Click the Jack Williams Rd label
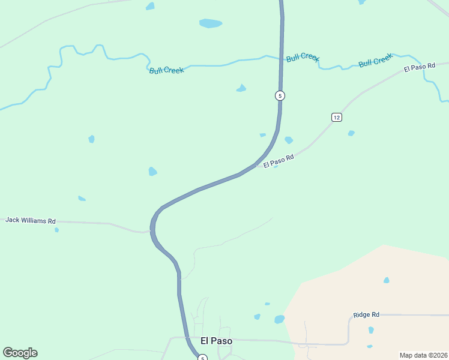[31, 220]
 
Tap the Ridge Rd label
[366, 314]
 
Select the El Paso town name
[216, 340]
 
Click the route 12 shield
[336, 117]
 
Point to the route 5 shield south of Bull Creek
[280, 95]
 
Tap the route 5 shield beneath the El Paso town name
[203, 358]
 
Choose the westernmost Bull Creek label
[166, 70]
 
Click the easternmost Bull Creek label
[375, 61]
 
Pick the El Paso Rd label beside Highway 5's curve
[279, 161]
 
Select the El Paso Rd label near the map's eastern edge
[419, 67]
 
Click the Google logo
[20, 353]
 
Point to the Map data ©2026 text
[423, 355]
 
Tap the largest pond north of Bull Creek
[210, 23]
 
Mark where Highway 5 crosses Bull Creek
[281, 59]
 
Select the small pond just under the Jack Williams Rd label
[57, 230]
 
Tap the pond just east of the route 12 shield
[351, 133]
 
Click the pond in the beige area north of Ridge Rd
[387, 280]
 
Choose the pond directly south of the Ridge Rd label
[371, 330]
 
